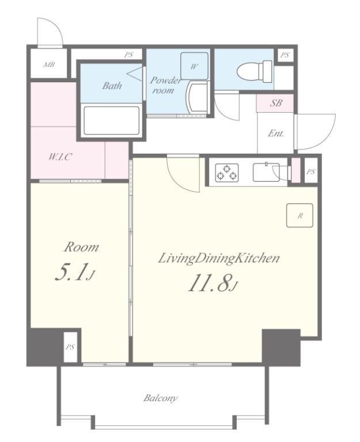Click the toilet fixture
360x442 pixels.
point(256,71)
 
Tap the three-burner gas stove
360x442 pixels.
point(226,173)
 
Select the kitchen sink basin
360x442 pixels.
point(266,172)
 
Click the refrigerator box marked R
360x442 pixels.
point(300,215)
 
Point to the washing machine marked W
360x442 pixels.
point(194,66)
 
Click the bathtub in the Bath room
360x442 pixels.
point(112,120)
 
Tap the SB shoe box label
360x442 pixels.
point(276,103)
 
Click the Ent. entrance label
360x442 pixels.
point(276,133)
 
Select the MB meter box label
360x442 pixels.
point(49,64)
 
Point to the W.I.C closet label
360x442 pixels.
point(60,157)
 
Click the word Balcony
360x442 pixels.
point(160,398)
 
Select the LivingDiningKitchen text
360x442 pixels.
point(219,258)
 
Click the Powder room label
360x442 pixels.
point(165,85)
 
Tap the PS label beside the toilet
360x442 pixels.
point(285,55)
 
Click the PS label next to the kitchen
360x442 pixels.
point(310,172)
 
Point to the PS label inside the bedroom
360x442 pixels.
point(70,347)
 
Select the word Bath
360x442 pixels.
point(112,85)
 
